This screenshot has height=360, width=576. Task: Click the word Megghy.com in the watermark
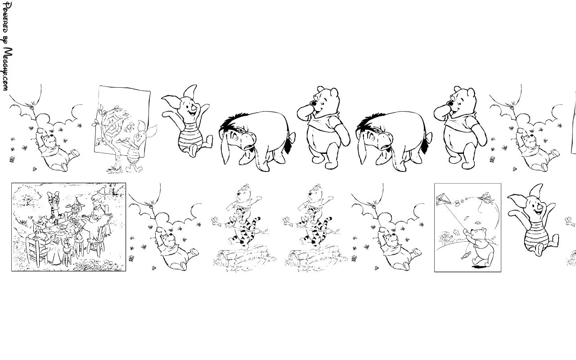[x=8, y=69]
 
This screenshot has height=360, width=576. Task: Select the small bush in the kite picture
[x=447, y=237]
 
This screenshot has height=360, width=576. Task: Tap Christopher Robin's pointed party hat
[x=102, y=190]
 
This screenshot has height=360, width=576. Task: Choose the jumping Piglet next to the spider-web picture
[x=187, y=121]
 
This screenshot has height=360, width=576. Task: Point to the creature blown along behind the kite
[x=486, y=198]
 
